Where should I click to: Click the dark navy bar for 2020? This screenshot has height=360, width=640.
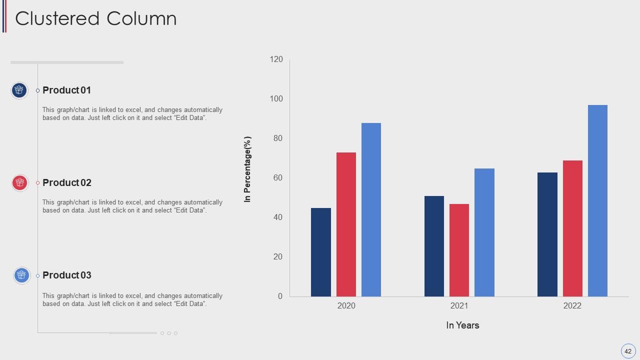(321, 252)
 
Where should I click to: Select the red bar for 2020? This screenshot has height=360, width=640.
(346, 224)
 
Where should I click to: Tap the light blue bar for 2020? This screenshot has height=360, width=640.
(371, 209)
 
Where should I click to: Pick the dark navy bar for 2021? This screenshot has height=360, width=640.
(434, 246)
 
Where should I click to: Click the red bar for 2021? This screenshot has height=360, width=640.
(459, 250)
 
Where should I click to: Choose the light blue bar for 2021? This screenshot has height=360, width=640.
(484, 232)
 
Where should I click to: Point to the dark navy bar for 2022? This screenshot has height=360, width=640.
(547, 234)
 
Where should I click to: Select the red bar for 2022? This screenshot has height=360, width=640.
(572, 228)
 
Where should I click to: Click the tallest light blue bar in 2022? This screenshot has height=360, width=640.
(597, 200)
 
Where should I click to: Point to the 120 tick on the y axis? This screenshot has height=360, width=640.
(276, 59)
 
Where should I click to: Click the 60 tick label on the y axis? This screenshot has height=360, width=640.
(277, 178)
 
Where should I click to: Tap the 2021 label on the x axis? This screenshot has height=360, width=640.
(459, 305)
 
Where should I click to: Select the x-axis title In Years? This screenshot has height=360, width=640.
(462, 325)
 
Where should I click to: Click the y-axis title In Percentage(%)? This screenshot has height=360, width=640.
(247, 169)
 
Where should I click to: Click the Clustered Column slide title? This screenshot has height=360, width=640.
(96, 18)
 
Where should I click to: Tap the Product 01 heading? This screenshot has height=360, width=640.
(67, 90)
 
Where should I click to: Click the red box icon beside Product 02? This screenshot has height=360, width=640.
(20, 183)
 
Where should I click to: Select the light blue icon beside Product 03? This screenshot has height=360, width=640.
(21, 275)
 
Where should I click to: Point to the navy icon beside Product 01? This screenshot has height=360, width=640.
(19, 90)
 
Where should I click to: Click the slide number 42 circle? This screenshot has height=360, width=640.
(628, 351)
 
